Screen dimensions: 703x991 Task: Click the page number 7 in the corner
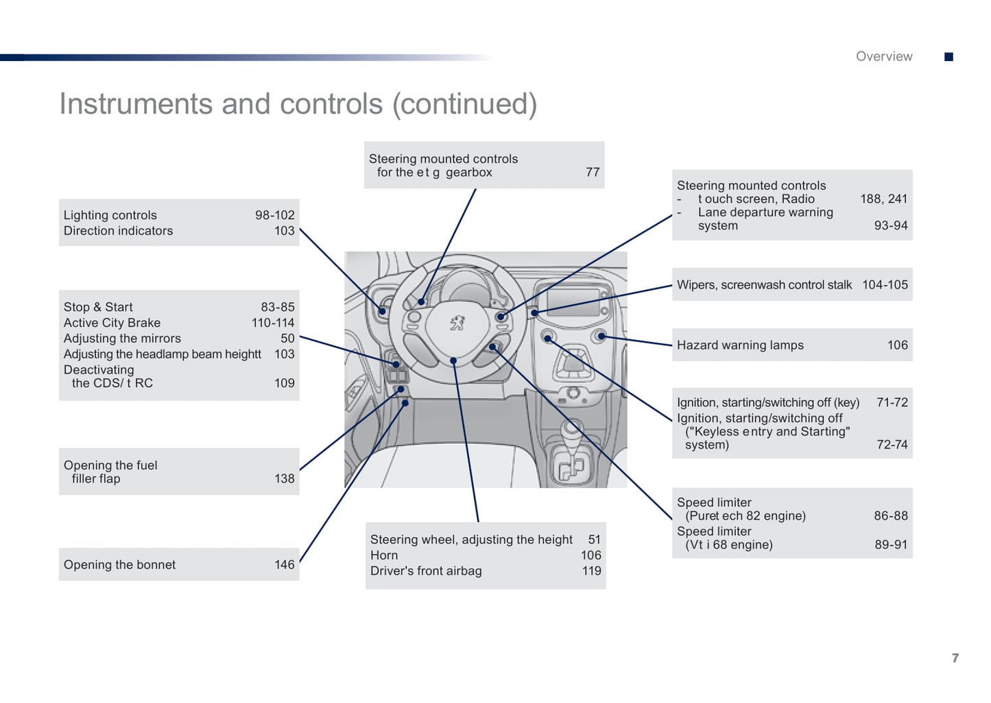955,658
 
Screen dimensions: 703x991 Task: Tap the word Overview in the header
883,57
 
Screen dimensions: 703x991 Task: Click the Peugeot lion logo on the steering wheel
457,323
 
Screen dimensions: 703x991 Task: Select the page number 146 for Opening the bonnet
284,565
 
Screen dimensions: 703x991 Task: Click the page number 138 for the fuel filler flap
284,478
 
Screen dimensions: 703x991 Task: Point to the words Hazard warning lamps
739,345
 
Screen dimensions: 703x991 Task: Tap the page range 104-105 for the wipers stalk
884,285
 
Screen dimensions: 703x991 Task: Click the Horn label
383,555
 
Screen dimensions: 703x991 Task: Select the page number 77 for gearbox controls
592,172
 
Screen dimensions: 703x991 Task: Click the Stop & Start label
98,307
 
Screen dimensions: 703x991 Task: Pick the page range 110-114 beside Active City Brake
272,323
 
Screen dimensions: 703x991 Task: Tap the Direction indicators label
118,231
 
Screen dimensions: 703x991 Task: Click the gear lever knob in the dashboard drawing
571,429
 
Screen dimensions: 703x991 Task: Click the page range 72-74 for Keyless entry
892,445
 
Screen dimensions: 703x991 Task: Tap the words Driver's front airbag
425,571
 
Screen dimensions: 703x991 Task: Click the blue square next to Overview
948,57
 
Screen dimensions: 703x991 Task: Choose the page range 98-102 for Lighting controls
274,215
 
